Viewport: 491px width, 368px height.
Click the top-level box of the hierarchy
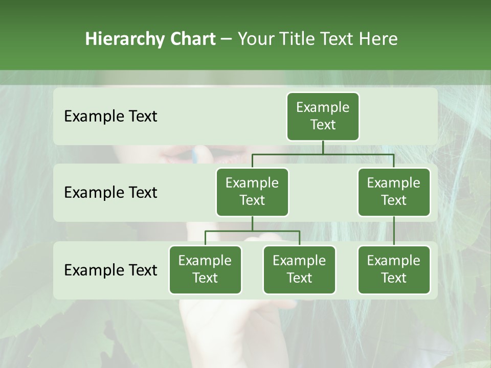(323, 116)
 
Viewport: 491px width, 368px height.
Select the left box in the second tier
(252, 192)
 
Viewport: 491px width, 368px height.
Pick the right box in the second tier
(394, 192)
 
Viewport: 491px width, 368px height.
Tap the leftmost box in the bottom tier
(205, 269)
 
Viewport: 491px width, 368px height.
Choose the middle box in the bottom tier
(299, 269)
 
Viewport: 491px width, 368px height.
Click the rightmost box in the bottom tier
(394, 269)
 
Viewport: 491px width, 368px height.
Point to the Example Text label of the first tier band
(110, 116)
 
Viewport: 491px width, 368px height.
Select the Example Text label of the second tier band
(110, 192)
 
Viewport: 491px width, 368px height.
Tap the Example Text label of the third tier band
(110, 270)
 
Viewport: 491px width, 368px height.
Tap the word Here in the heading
(378, 39)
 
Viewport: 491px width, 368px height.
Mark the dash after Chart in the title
(226, 39)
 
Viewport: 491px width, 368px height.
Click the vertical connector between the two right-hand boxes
(394, 231)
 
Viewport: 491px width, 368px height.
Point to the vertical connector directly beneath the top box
(323, 147)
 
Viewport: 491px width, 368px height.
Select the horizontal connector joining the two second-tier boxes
(323, 154)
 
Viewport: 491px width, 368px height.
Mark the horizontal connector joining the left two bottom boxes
(252, 231)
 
